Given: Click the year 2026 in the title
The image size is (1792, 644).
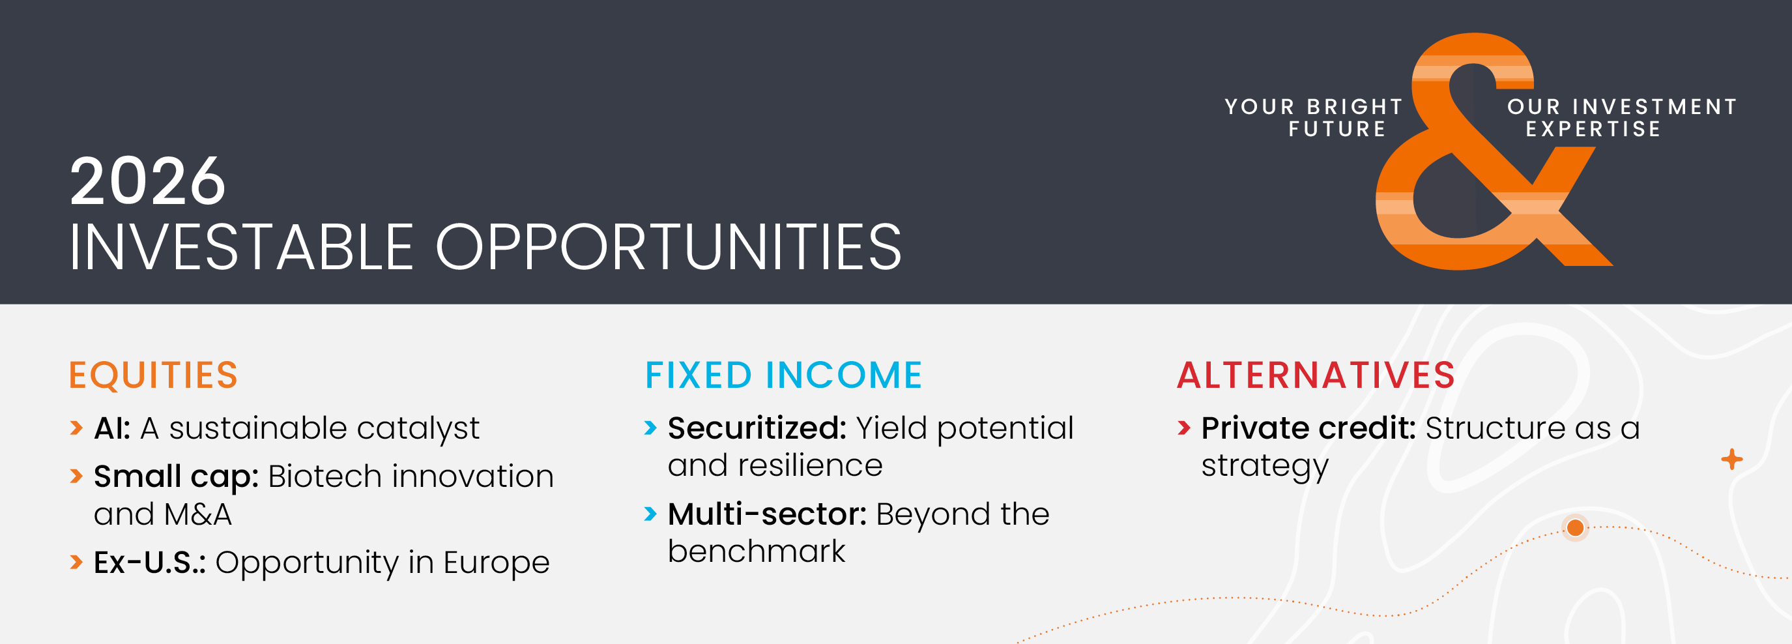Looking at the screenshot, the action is coord(147,182).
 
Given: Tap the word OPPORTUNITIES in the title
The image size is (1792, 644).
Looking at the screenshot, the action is coord(669,247).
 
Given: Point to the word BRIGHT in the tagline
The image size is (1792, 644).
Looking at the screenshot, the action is coord(1355,106).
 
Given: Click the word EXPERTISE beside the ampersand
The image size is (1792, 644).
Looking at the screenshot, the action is coord(1593,129).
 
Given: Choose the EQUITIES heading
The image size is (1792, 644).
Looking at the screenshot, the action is coord(153,375).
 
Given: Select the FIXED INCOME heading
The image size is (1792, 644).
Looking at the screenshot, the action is coord(783,375).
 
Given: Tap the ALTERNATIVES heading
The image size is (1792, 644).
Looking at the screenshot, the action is coord(1316,375).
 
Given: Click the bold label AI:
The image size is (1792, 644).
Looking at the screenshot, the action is coord(112,428).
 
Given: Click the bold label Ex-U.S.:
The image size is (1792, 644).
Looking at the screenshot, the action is coord(150,563).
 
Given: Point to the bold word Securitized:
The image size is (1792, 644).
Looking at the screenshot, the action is coord(757,428).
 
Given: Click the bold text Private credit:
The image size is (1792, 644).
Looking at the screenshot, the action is coord(1308,428).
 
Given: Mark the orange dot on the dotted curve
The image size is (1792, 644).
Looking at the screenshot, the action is coord(1576,528).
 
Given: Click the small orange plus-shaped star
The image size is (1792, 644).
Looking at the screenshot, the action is coord(1731,460).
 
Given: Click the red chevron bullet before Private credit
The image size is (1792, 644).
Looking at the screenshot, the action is coord(1184,428).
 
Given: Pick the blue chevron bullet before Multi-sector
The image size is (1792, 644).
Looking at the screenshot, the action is coord(650,514).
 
